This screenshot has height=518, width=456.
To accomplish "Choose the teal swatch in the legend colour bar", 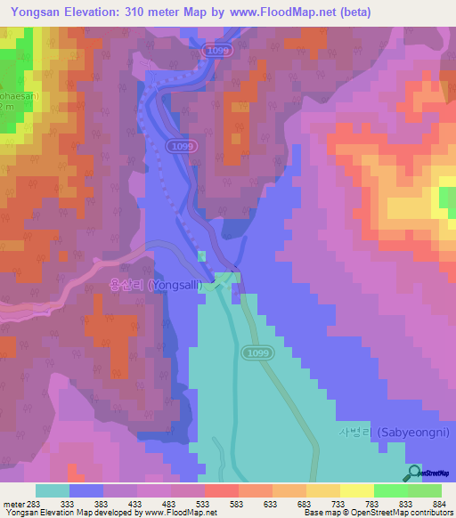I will tap(53, 490).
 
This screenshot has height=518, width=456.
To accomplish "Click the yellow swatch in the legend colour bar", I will tap(356, 490).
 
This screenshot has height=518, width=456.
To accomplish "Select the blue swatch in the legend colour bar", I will tap(86, 490).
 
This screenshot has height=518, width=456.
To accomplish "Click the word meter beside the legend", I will tap(10, 503).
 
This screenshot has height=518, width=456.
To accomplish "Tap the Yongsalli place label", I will tap(156, 285).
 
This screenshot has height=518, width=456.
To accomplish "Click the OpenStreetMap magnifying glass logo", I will tap(414, 473).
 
